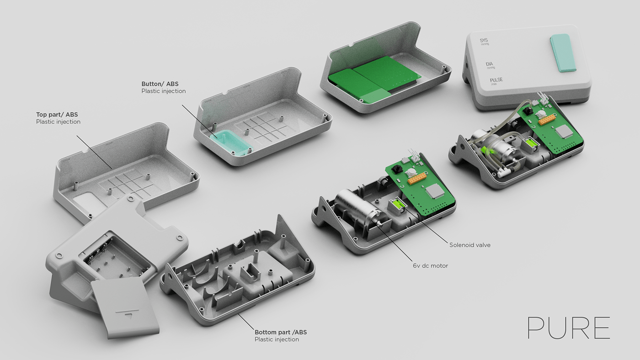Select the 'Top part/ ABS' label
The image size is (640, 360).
pyautogui.click(x=58, y=115)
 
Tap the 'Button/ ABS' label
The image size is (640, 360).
pyautogui.click(x=160, y=85)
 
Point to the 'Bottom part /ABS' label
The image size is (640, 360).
pyautogui.click(x=280, y=332)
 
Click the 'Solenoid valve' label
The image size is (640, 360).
pyautogui.click(x=469, y=245)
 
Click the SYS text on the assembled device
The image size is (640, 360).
pyautogui.click(x=484, y=41)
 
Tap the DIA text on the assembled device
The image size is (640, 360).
pyautogui.click(x=490, y=64)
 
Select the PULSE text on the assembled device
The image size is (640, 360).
pyautogui.click(x=496, y=80)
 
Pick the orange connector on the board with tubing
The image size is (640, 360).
pyautogui.click(x=546, y=119)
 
